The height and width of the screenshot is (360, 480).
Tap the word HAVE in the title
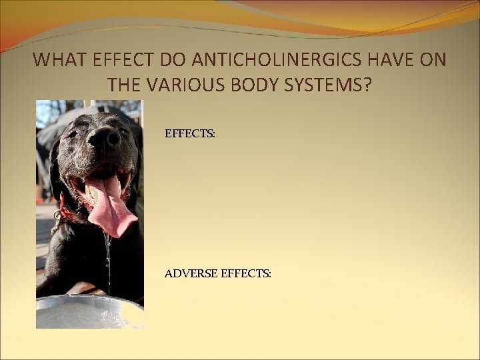coord(380,60)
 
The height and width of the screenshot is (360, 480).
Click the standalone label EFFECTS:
coord(190,134)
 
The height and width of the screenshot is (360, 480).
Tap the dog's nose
coord(103,138)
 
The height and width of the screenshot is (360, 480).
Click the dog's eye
coord(72,133)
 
